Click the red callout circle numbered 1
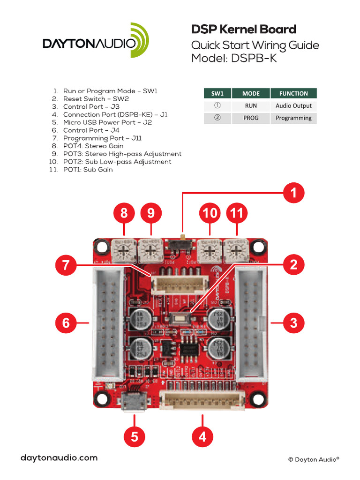[294, 192]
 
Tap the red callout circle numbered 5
[135, 437]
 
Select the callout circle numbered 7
[66, 265]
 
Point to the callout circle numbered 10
[210, 214]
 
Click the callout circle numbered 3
[294, 322]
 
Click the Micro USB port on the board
[135, 402]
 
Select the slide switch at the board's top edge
[181, 244]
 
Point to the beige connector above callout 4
[202, 400]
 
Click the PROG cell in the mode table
[251, 118]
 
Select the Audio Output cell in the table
[293, 106]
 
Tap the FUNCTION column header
[293, 93]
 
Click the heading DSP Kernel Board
[244, 30]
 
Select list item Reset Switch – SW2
[96, 99]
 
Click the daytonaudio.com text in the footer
[59, 458]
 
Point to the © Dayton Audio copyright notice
[313, 460]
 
